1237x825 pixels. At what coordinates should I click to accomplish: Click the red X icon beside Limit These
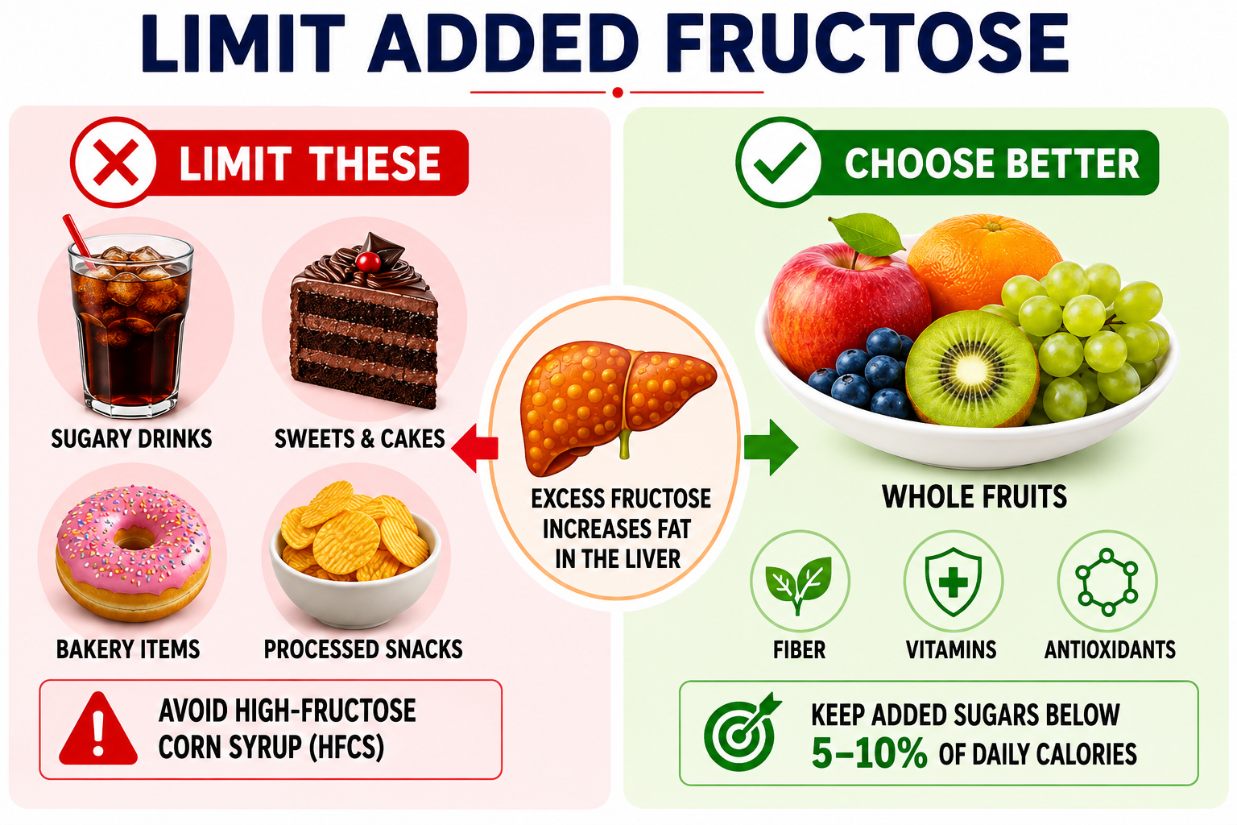click(x=115, y=163)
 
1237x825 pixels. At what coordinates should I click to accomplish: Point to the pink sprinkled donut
click(x=133, y=553)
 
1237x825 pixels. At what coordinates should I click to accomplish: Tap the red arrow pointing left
click(x=474, y=447)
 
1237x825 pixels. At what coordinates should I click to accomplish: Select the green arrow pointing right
click(x=771, y=447)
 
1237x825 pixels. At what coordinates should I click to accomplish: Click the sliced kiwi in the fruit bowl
click(x=972, y=368)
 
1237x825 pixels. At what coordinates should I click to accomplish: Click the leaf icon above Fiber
click(x=799, y=583)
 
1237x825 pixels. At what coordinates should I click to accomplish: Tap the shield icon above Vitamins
click(x=954, y=582)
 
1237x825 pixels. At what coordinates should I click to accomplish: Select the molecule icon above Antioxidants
click(x=1107, y=582)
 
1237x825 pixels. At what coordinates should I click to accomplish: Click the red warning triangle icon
click(x=98, y=728)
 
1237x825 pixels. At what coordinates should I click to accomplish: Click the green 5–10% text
click(x=869, y=754)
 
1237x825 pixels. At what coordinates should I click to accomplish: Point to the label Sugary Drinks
click(x=131, y=439)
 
